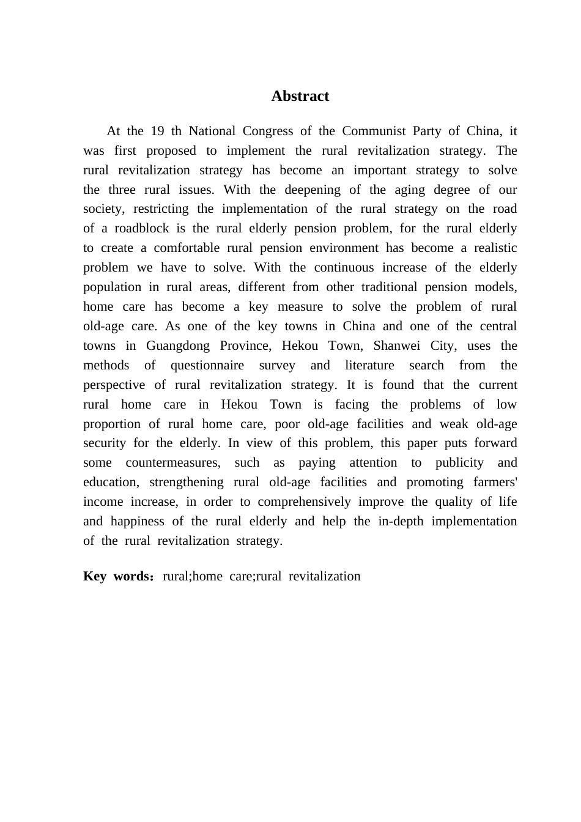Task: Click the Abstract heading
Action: point(300,96)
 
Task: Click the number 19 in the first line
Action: point(157,131)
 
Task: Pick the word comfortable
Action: point(187,248)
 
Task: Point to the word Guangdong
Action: point(177,346)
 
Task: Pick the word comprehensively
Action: point(304,502)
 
